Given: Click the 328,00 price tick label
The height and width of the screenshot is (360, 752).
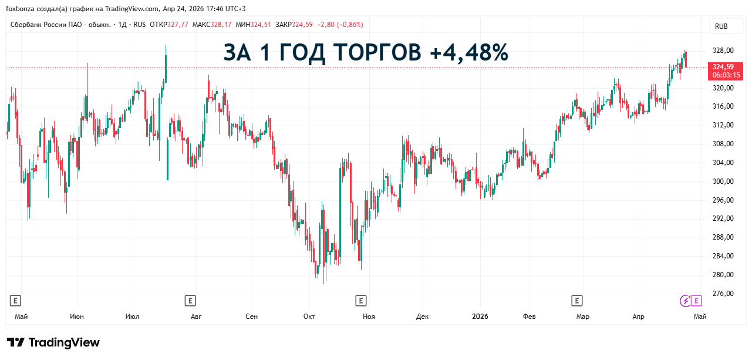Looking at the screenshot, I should point(723,51).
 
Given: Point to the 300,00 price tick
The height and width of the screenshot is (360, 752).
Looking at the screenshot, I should point(723,181).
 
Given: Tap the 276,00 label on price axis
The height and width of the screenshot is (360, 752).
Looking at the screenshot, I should point(723,294).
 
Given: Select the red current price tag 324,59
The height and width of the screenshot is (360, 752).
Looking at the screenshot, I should point(726,66).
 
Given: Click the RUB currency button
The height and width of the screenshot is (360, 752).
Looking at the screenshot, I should point(721,26).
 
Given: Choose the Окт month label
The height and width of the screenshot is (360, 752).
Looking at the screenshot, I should point(309,317).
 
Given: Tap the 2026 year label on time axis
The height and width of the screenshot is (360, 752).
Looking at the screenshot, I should point(480,317).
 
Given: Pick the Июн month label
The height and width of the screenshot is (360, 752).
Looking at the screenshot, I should point(76,317).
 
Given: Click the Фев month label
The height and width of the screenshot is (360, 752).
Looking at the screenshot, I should point(529,317).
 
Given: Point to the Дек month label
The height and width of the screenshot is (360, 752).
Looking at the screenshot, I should point(422,317).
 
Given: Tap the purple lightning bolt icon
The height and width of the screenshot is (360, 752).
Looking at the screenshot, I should point(685,301).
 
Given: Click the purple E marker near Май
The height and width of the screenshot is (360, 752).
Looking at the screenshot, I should point(697,301).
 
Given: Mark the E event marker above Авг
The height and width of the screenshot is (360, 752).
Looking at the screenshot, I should point(190,301).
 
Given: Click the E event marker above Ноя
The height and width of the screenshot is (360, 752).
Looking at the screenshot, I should point(361,301).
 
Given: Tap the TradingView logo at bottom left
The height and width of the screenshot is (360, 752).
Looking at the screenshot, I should point(53,342).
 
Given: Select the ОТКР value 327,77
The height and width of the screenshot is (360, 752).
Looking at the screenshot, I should point(178,25).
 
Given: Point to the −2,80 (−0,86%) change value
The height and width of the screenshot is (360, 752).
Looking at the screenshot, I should point(340,25).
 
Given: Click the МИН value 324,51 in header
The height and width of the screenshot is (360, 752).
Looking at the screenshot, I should point(261,25).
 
